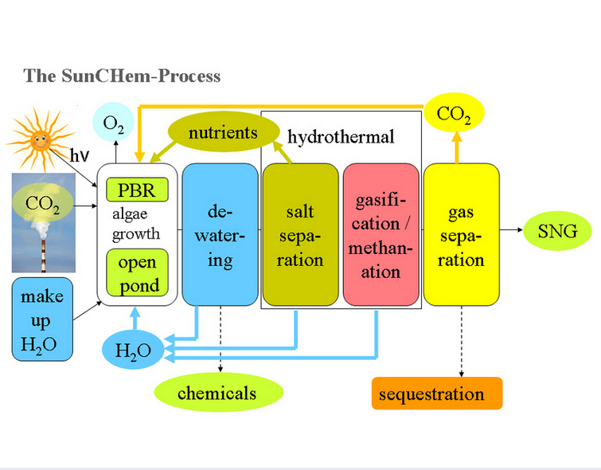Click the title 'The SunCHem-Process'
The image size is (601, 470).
tap(122, 76)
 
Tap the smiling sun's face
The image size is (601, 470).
tap(40, 140)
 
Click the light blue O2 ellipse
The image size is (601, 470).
tap(113, 123)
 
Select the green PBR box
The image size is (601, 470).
tap(137, 190)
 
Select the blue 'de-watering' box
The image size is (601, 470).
tap(219, 235)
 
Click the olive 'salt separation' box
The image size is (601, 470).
tap(299, 235)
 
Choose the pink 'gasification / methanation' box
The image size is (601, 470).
tap(381, 235)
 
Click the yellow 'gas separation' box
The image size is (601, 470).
tap(461, 235)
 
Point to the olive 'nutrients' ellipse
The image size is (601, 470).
tap(222, 132)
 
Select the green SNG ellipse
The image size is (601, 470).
tap(557, 233)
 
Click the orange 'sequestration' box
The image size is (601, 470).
tap(437, 394)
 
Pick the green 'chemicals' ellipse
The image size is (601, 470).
tap(217, 393)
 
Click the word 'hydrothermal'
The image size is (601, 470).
tap(341, 137)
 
